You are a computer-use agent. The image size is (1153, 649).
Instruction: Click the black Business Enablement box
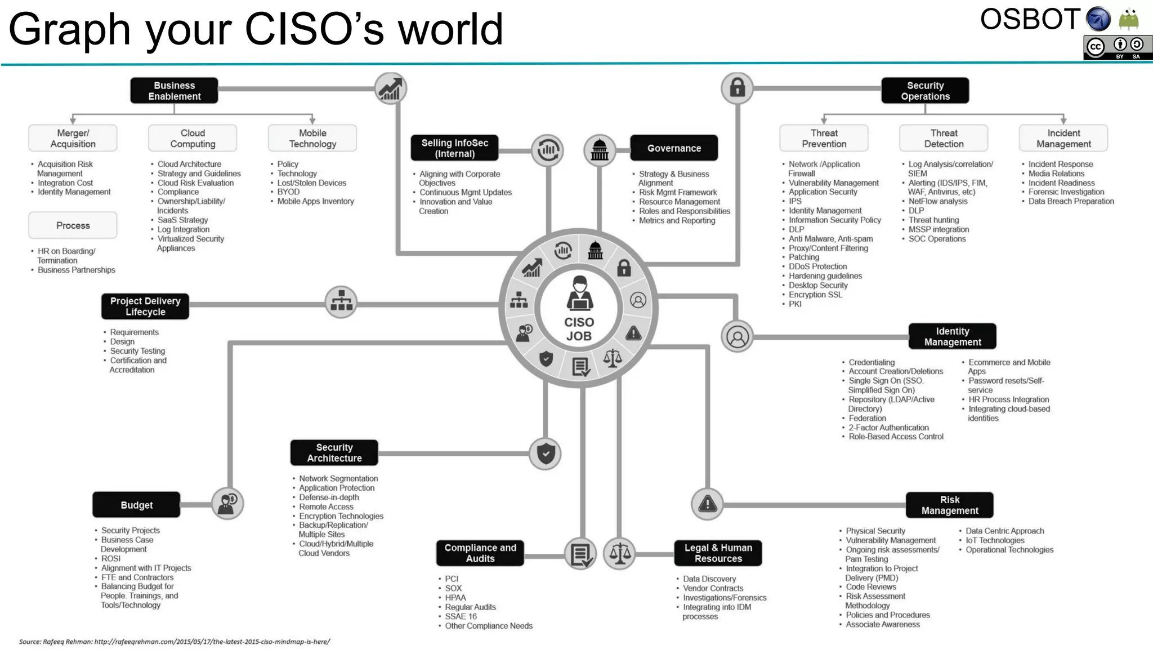click(174, 91)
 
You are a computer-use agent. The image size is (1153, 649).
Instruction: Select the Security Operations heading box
click(925, 91)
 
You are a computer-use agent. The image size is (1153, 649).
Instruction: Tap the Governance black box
click(674, 148)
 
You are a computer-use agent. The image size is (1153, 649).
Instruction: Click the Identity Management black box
click(952, 337)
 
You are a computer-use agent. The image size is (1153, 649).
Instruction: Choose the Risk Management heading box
click(949, 505)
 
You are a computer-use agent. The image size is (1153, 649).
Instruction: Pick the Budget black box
click(136, 505)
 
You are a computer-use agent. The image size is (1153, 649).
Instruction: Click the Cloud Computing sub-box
click(193, 139)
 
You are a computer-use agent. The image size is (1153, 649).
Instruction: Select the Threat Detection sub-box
click(944, 139)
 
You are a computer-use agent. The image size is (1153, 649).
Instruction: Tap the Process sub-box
click(73, 225)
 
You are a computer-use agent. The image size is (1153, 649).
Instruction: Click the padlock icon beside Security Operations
click(738, 88)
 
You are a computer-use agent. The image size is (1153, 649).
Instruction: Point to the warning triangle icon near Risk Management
click(707, 504)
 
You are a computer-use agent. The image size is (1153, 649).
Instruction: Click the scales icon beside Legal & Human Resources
click(619, 554)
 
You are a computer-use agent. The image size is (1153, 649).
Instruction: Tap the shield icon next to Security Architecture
click(546, 454)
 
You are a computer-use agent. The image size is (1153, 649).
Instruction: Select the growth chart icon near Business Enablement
click(390, 89)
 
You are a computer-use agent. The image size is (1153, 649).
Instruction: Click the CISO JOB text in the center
click(579, 329)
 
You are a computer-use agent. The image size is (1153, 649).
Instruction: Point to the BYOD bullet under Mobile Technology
click(288, 192)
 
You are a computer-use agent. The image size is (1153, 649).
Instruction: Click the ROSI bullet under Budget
click(111, 559)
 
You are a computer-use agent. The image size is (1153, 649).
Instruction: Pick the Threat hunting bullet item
click(933, 220)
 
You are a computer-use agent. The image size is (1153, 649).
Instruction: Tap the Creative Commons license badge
click(1117, 48)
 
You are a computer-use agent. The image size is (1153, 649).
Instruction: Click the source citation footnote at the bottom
click(175, 642)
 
